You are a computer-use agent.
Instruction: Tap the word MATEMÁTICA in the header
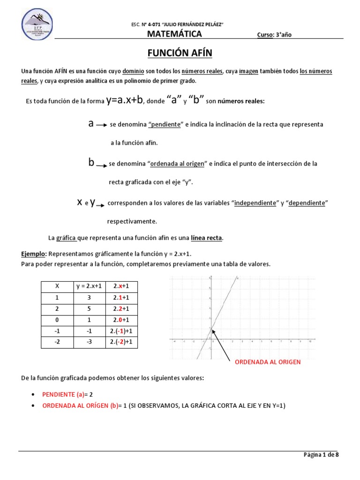[x=174, y=34]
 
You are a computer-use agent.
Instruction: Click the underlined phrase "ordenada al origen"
[x=177, y=164]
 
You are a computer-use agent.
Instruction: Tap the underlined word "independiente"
[x=255, y=203]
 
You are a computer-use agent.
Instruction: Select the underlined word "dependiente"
[x=307, y=203]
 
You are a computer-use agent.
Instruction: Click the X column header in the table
[x=57, y=286]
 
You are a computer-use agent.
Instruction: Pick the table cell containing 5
[x=89, y=309]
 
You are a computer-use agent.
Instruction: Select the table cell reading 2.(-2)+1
[x=122, y=342]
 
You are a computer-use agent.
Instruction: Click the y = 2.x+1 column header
[x=89, y=286]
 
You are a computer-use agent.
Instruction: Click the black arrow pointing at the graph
[x=221, y=343]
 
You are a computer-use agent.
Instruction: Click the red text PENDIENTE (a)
[x=63, y=395]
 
